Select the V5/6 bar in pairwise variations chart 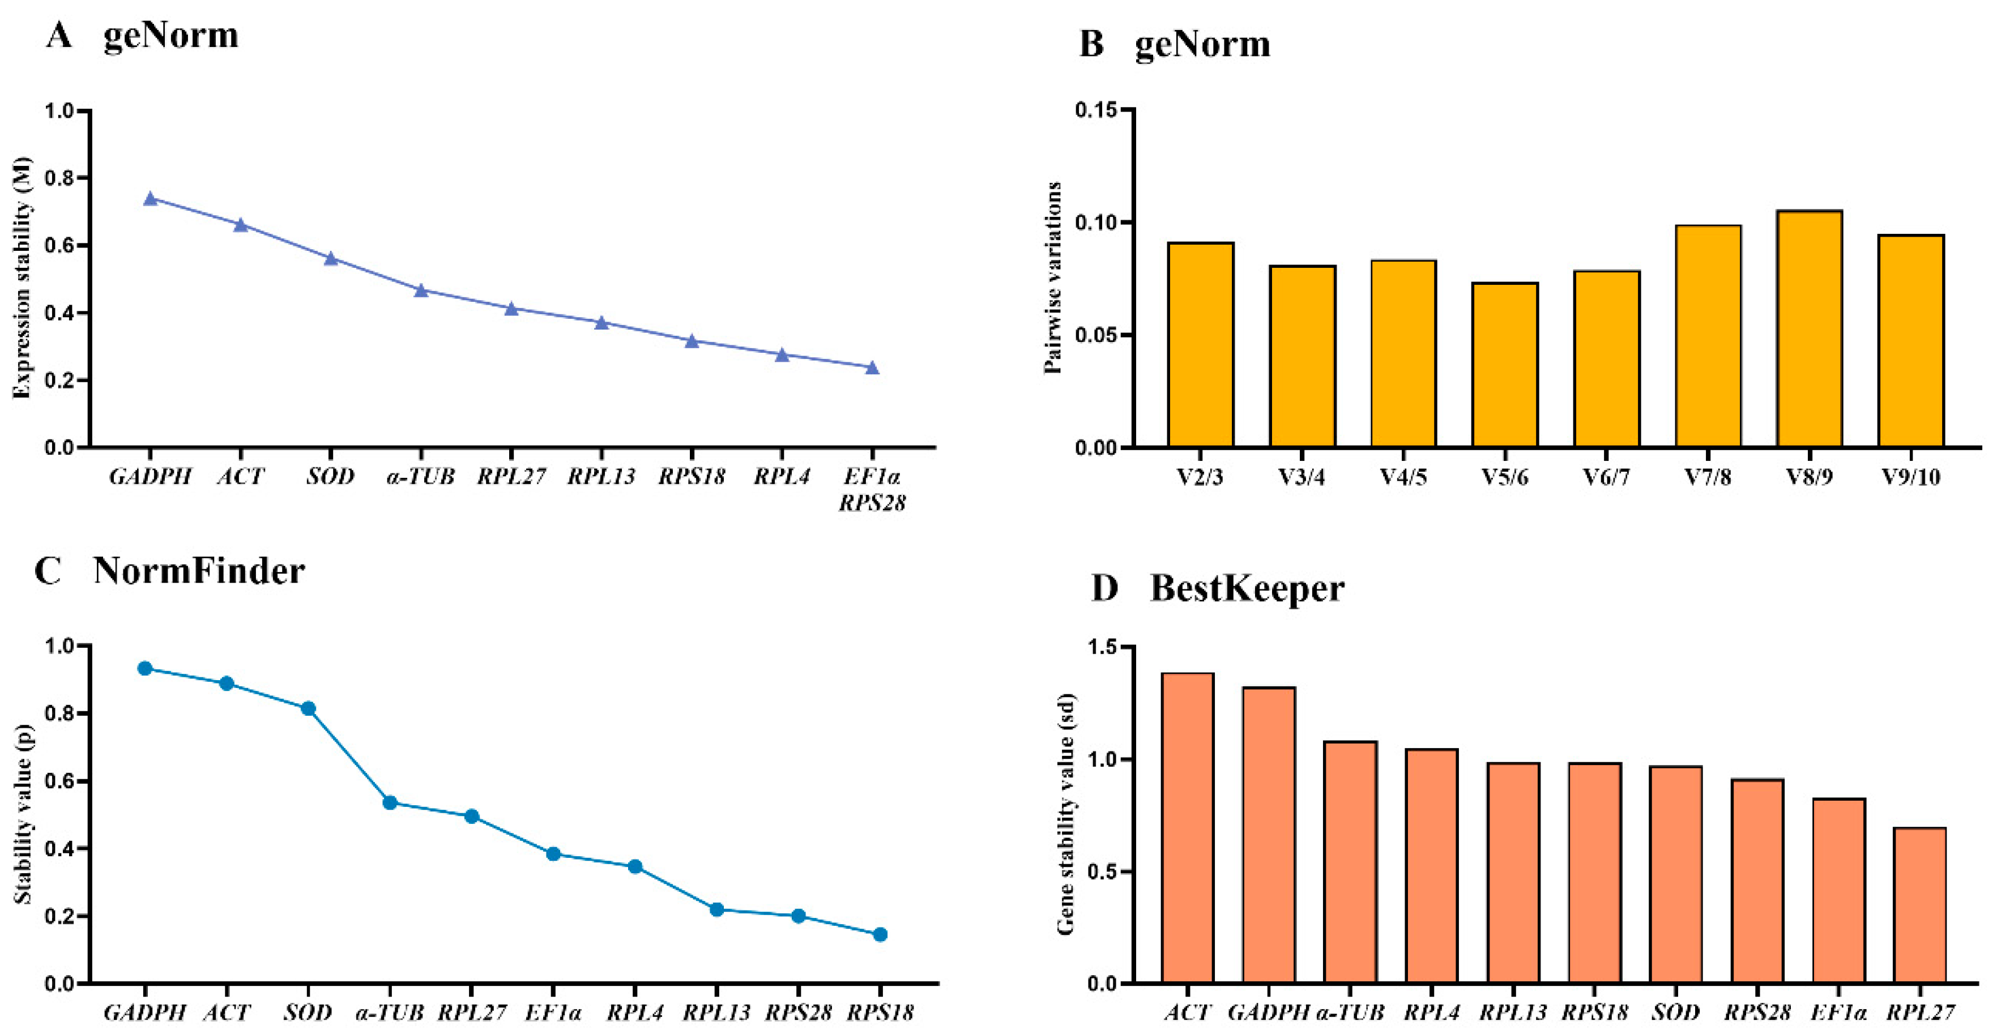point(1505,364)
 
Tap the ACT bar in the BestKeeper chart point(1188,828)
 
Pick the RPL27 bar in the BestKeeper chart point(1919,905)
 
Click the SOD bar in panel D point(1676,874)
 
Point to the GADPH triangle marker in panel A point(151,198)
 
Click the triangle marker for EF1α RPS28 point(872,368)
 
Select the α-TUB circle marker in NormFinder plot point(390,802)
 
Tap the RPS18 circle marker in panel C point(880,934)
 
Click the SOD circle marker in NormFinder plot point(308,708)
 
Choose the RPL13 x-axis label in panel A point(601,476)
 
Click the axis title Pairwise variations point(1053,277)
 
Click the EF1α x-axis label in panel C point(553,1012)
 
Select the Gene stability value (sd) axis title point(1066,814)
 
